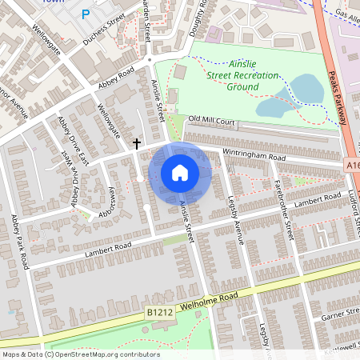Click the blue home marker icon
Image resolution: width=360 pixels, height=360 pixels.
180,173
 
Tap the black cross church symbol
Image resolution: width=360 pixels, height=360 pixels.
137,143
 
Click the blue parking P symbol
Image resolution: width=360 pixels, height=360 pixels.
85,14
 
